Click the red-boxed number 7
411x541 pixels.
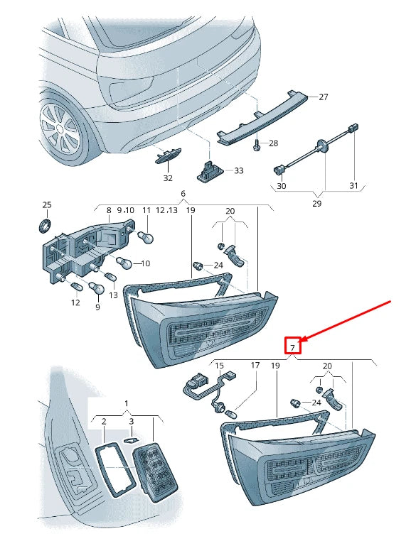(x=293, y=347)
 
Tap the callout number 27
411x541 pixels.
(x=324, y=97)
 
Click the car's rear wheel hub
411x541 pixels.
(x=60, y=129)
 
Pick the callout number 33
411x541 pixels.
(x=238, y=170)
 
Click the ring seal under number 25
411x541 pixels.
(x=45, y=225)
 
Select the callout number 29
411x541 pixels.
(x=316, y=204)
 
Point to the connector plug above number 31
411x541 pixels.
(x=353, y=128)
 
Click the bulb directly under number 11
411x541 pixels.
(x=146, y=236)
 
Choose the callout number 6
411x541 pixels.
(x=183, y=193)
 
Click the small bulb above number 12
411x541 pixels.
(x=75, y=286)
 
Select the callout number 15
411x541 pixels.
(x=219, y=366)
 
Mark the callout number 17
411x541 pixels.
(x=255, y=365)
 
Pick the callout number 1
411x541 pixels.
(x=127, y=403)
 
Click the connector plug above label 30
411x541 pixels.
(x=279, y=170)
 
